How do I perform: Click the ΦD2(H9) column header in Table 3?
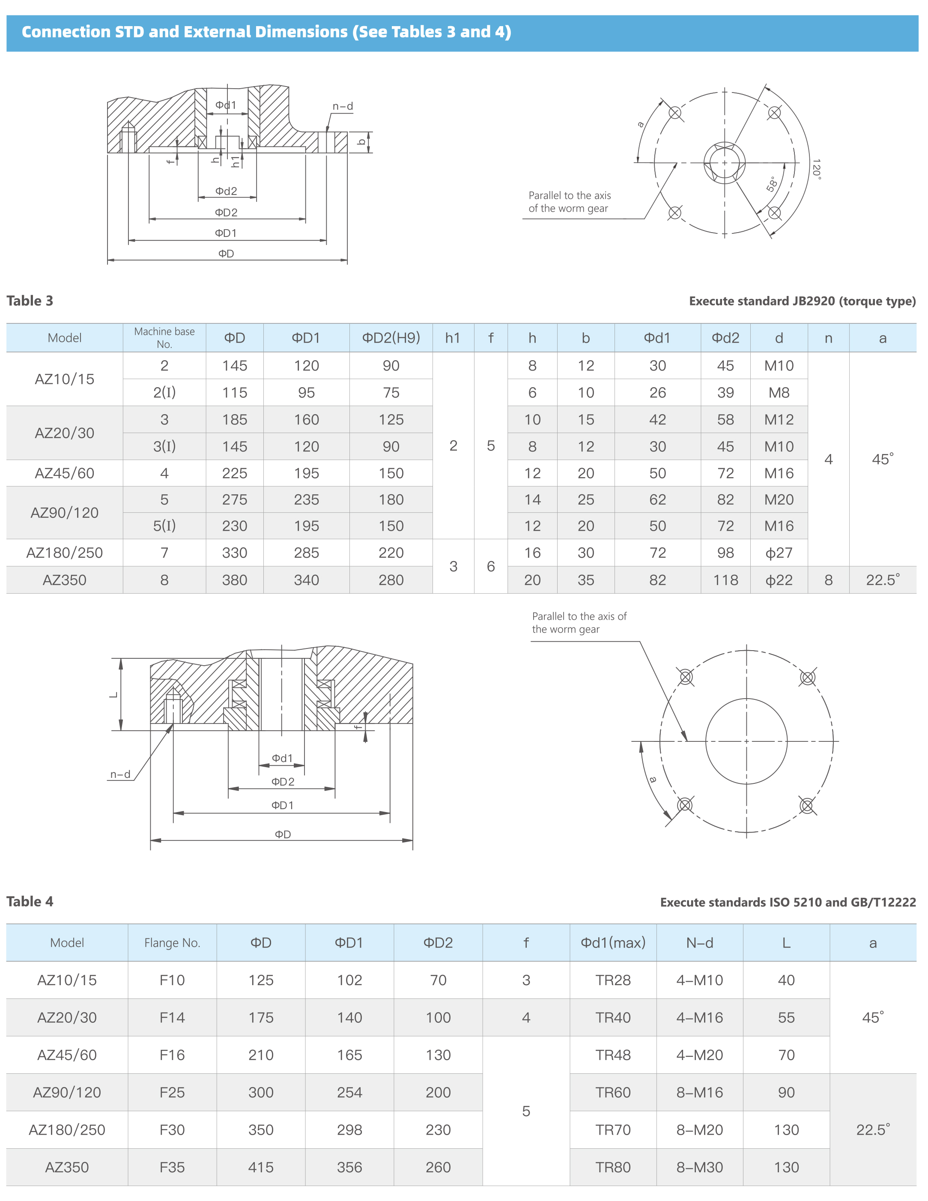391,338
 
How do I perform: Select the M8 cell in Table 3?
779,393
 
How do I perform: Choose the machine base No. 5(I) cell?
164,526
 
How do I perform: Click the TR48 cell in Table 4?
612,1055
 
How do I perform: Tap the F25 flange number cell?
172,1092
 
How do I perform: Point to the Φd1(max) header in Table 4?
612,943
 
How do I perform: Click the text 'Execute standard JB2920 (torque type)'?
802,302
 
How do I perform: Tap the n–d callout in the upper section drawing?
343,106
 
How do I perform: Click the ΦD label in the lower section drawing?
283,834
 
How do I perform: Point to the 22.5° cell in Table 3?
882,580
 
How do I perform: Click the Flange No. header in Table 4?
172,943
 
